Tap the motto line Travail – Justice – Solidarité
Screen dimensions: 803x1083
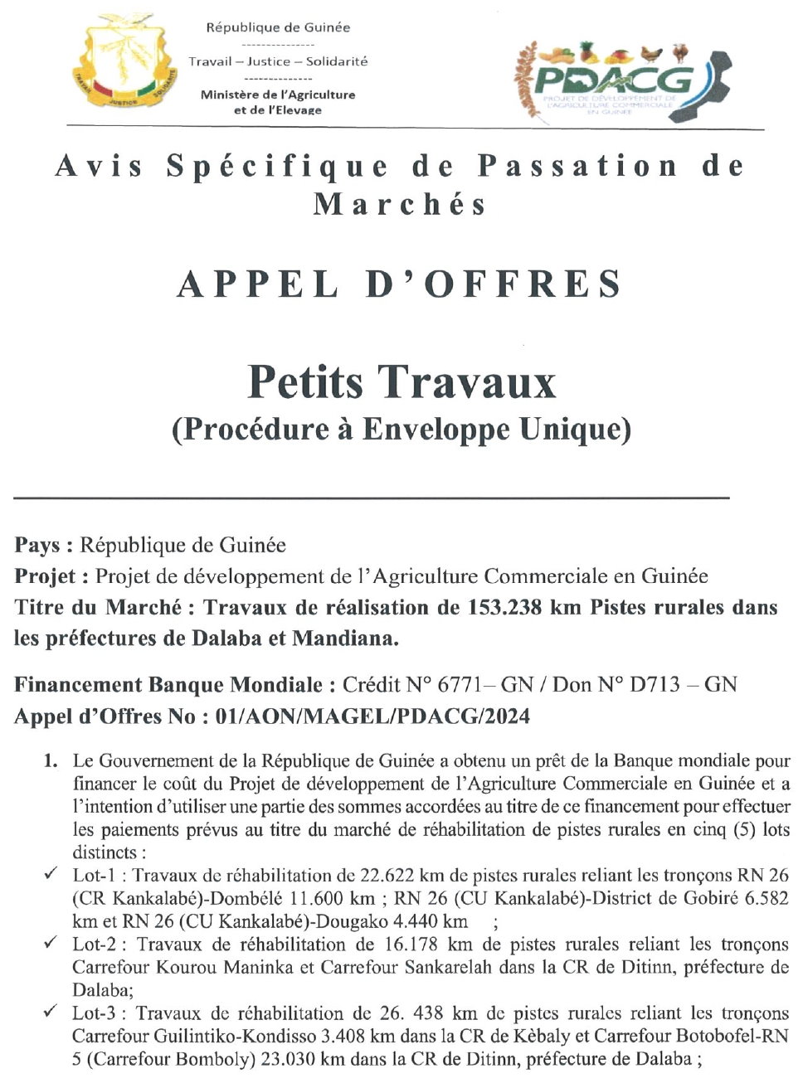(x=278, y=61)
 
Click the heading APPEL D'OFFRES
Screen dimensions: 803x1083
(x=400, y=284)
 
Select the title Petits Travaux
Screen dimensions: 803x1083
(x=401, y=381)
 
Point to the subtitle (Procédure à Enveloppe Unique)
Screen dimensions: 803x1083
(x=401, y=429)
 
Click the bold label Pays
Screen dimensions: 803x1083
(x=41, y=545)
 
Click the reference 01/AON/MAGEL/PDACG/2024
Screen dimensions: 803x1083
(x=372, y=716)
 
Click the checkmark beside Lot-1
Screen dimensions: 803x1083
(x=51, y=874)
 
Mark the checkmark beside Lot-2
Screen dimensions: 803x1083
(x=51, y=943)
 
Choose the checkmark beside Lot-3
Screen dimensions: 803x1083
(x=51, y=1012)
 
